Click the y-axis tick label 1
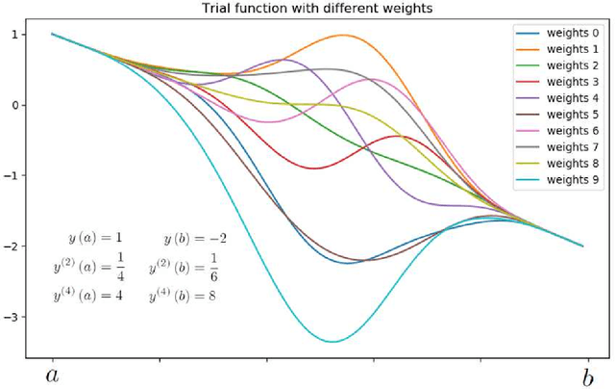coord(14,35)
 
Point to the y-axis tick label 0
coord(14,105)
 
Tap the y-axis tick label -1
coord(12,175)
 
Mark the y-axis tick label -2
coord(12,246)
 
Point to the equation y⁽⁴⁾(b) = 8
coord(184,296)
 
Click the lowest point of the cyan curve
coord(332,341)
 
